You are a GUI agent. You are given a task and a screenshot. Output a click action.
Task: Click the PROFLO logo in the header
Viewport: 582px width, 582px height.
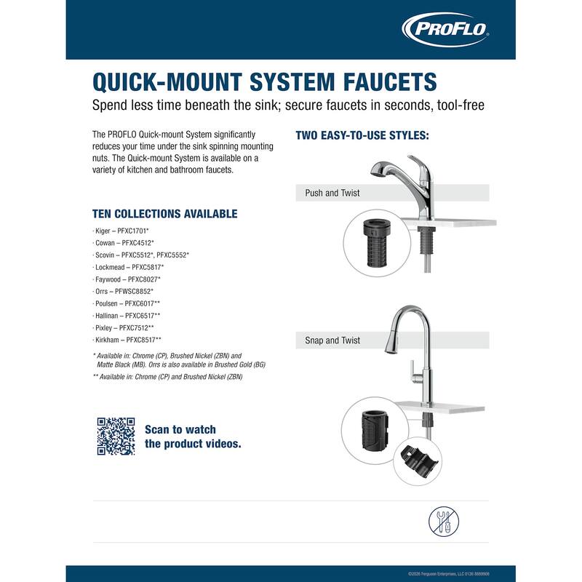coord(446,30)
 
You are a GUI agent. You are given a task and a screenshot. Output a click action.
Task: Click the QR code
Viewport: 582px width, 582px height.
coord(116,436)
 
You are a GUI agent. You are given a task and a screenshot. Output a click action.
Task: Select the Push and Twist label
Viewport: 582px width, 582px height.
coord(332,194)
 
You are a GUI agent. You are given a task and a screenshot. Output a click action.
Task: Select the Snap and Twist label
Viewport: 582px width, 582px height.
coord(332,340)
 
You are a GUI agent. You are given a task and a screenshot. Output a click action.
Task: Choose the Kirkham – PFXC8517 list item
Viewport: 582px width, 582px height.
coord(129,340)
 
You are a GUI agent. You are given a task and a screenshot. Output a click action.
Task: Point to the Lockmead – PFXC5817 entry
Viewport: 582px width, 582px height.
coord(130,267)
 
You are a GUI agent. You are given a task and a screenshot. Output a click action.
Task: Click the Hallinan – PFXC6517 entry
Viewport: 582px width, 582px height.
coord(129,315)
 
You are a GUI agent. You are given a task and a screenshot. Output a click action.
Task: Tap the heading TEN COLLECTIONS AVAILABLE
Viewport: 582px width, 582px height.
coord(164,214)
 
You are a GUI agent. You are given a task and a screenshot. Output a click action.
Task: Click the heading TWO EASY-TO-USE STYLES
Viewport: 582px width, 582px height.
coord(362,136)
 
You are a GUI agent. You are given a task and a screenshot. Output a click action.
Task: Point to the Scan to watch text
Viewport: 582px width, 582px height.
coord(180,429)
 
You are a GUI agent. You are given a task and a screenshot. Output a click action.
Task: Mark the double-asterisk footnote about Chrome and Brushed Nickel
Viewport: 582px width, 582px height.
coord(167,377)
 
